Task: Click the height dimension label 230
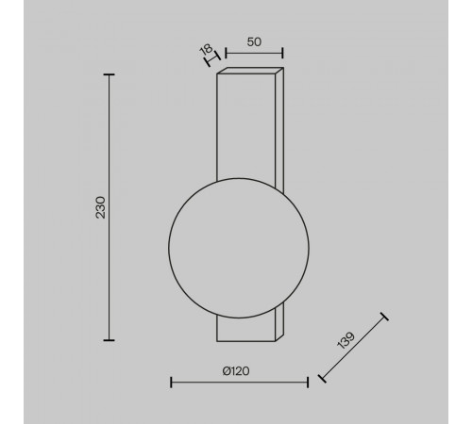[100, 207]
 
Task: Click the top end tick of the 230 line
[109, 74]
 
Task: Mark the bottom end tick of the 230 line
[109, 340]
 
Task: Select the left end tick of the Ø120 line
[170, 382]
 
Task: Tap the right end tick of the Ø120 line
[308, 382]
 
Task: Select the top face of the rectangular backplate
[250, 71]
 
